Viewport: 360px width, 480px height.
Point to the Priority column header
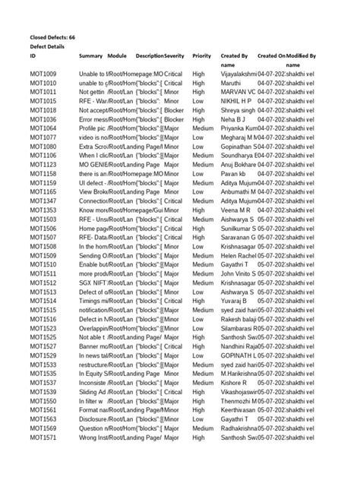(201, 55)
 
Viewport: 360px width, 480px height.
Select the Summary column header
(90, 55)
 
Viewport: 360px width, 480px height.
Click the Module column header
(117, 55)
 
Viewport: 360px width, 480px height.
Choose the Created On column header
(271, 55)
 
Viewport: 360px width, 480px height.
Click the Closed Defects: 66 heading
(52, 36)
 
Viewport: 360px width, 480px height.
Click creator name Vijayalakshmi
(238, 73)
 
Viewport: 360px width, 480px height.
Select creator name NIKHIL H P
(236, 100)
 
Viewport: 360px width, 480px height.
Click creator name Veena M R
(235, 210)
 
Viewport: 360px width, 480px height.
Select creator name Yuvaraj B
(235, 301)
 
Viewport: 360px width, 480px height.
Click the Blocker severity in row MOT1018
(174, 109)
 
